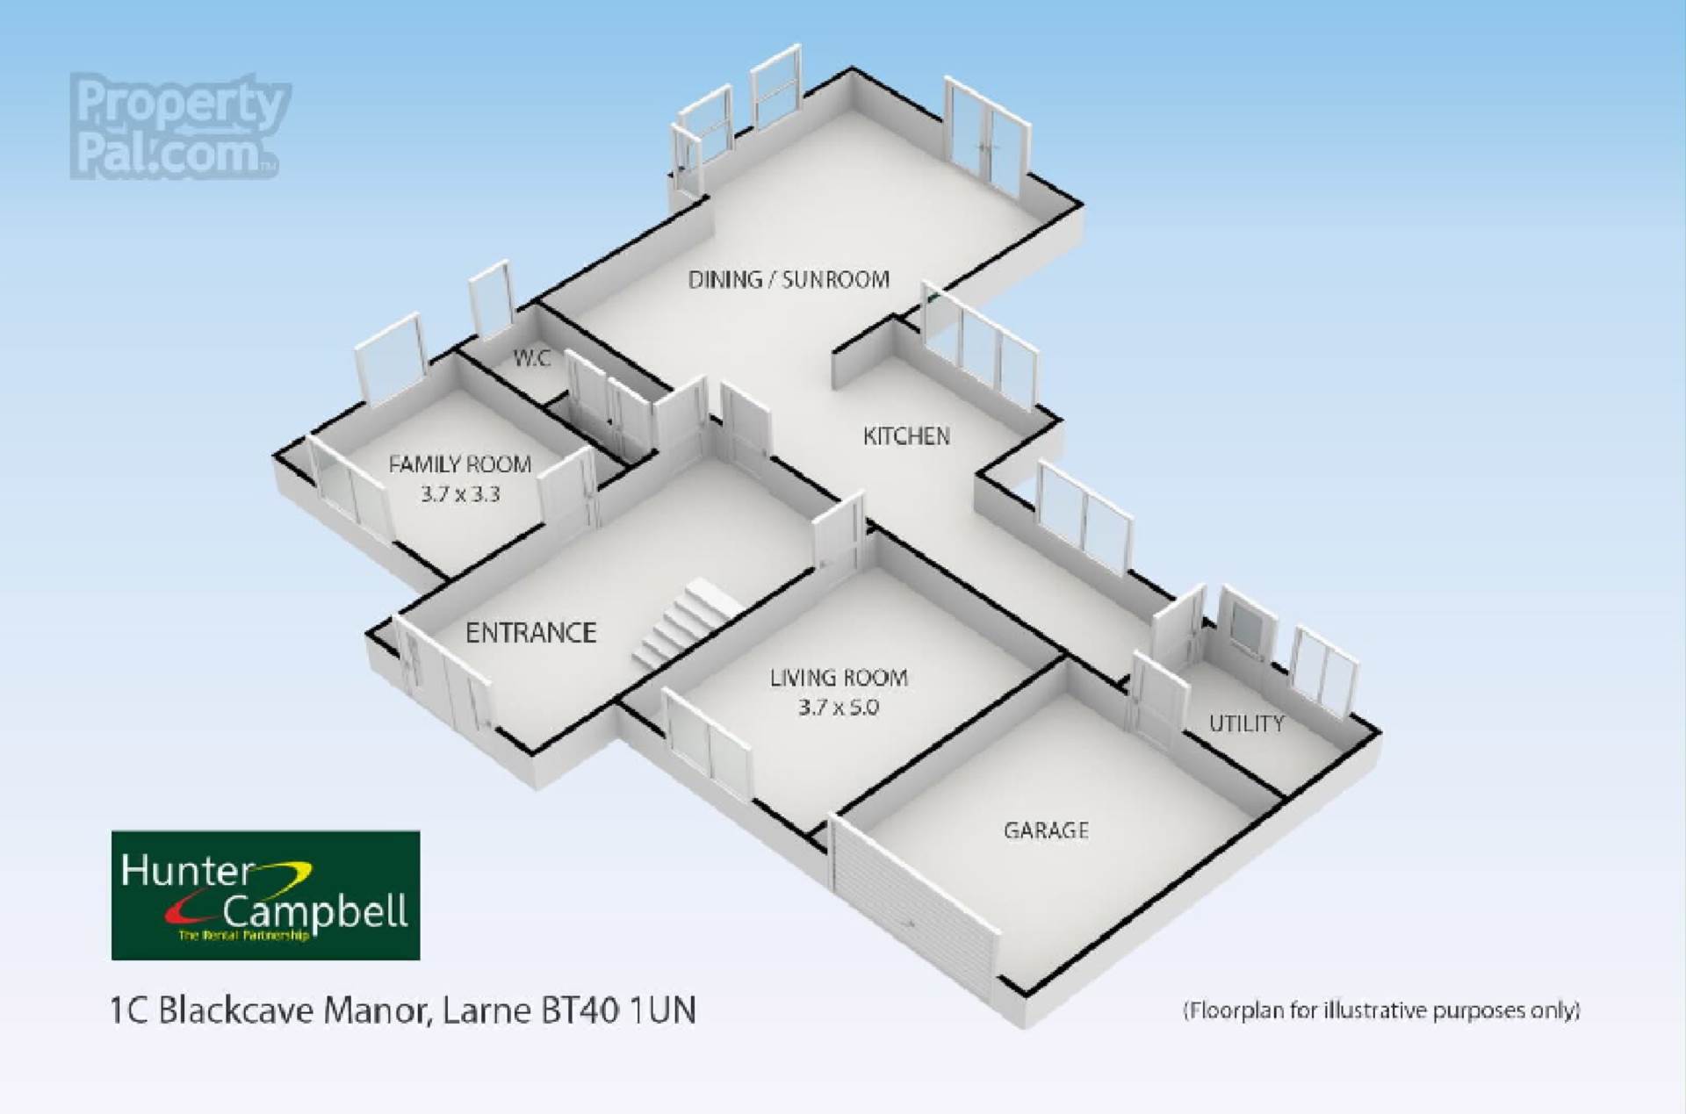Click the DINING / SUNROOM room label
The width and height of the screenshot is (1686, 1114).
tap(788, 280)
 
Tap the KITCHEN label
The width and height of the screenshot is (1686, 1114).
tap(905, 436)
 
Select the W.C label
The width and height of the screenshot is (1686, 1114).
tap(531, 358)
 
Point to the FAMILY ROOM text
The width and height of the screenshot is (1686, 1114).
tap(459, 464)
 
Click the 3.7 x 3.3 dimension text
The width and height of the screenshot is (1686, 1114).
tap(459, 494)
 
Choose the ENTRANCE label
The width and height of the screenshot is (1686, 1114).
tap(530, 633)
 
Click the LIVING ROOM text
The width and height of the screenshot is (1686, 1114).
tap(838, 678)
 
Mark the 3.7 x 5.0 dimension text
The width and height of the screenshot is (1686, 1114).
tap(838, 708)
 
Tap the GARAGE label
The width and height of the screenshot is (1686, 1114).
tap(1045, 830)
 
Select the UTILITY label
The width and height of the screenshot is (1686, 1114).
tap(1245, 724)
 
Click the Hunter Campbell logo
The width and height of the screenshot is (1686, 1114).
tap(265, 895)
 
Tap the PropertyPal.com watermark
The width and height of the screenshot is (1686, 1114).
tap(180, 127)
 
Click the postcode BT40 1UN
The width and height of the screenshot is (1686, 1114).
tap(618, 1010)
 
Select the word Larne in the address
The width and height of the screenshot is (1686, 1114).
tap(486, 1010)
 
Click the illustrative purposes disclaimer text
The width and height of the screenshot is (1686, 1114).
tap(1381, 1010)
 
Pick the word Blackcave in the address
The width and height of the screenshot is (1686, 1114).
tap(235, 1010)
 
